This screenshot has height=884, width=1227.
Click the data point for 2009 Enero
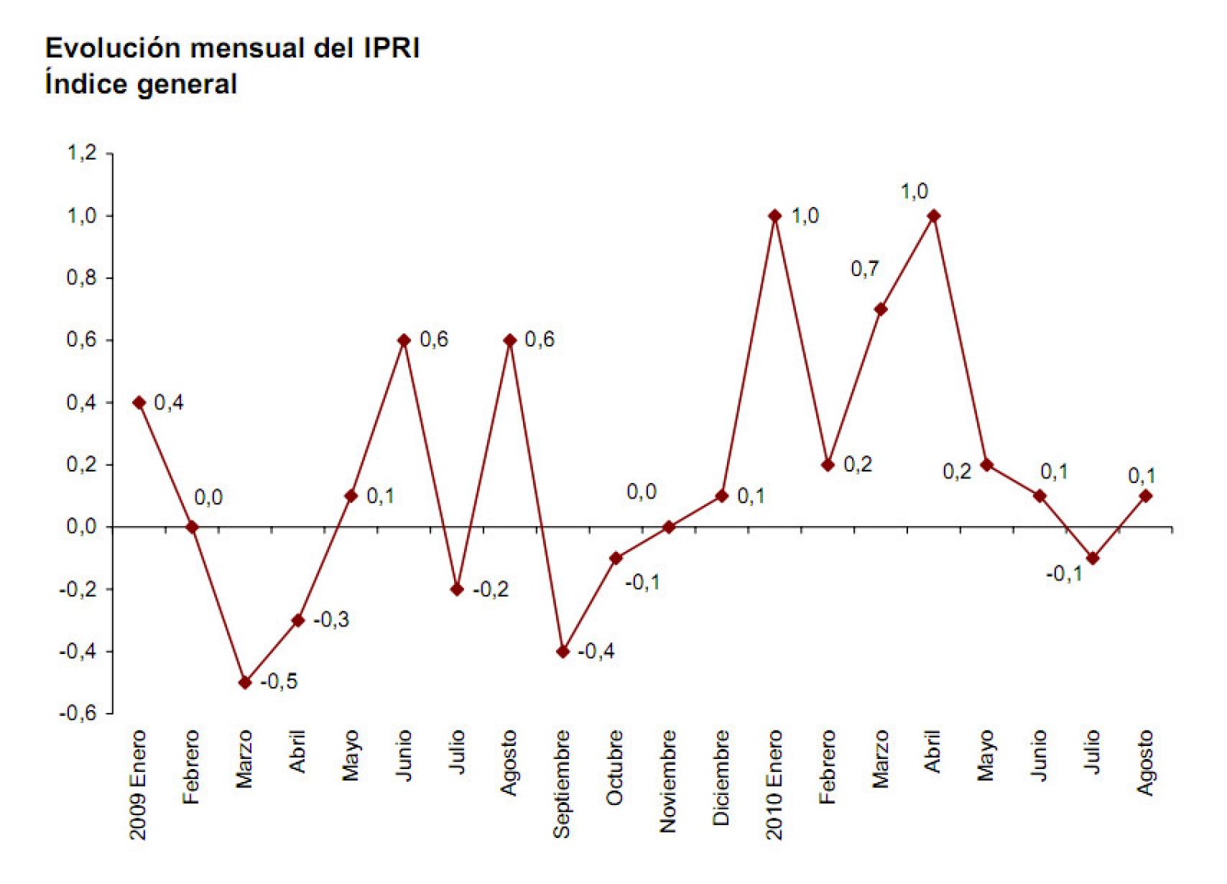(x=139, y=403)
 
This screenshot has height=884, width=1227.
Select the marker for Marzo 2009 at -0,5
(x=245, y=682)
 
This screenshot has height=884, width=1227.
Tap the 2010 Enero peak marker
(x=775, y=216)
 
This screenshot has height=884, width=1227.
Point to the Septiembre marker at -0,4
(x=563, y=651)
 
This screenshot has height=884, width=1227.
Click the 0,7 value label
(x=865, y=269)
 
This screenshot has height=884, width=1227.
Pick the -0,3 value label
(x=331, y=619)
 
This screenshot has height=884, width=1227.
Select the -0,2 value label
(x=491, y=590)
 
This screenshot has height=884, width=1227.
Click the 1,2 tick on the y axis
(x=82, y=153)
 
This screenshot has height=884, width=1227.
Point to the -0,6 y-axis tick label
(x=78, y=713)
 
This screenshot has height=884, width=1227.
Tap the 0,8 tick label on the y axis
(x=82, y=278)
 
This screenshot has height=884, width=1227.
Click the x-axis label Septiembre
(x=562, y=784)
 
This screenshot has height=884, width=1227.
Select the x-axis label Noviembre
(x=668, y=781)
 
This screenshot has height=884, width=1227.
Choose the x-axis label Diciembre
(x=721, y=777)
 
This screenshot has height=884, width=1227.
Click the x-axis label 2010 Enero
(x=774, y=784)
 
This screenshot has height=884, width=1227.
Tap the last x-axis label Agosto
(x=1145, y=763)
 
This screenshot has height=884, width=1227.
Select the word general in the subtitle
(x=188, y=84)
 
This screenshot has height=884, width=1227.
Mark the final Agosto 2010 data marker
(x=1146, y=496)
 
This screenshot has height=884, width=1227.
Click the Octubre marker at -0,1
(x=616, y=558)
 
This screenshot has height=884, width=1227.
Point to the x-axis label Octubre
(x=615, y=767)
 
